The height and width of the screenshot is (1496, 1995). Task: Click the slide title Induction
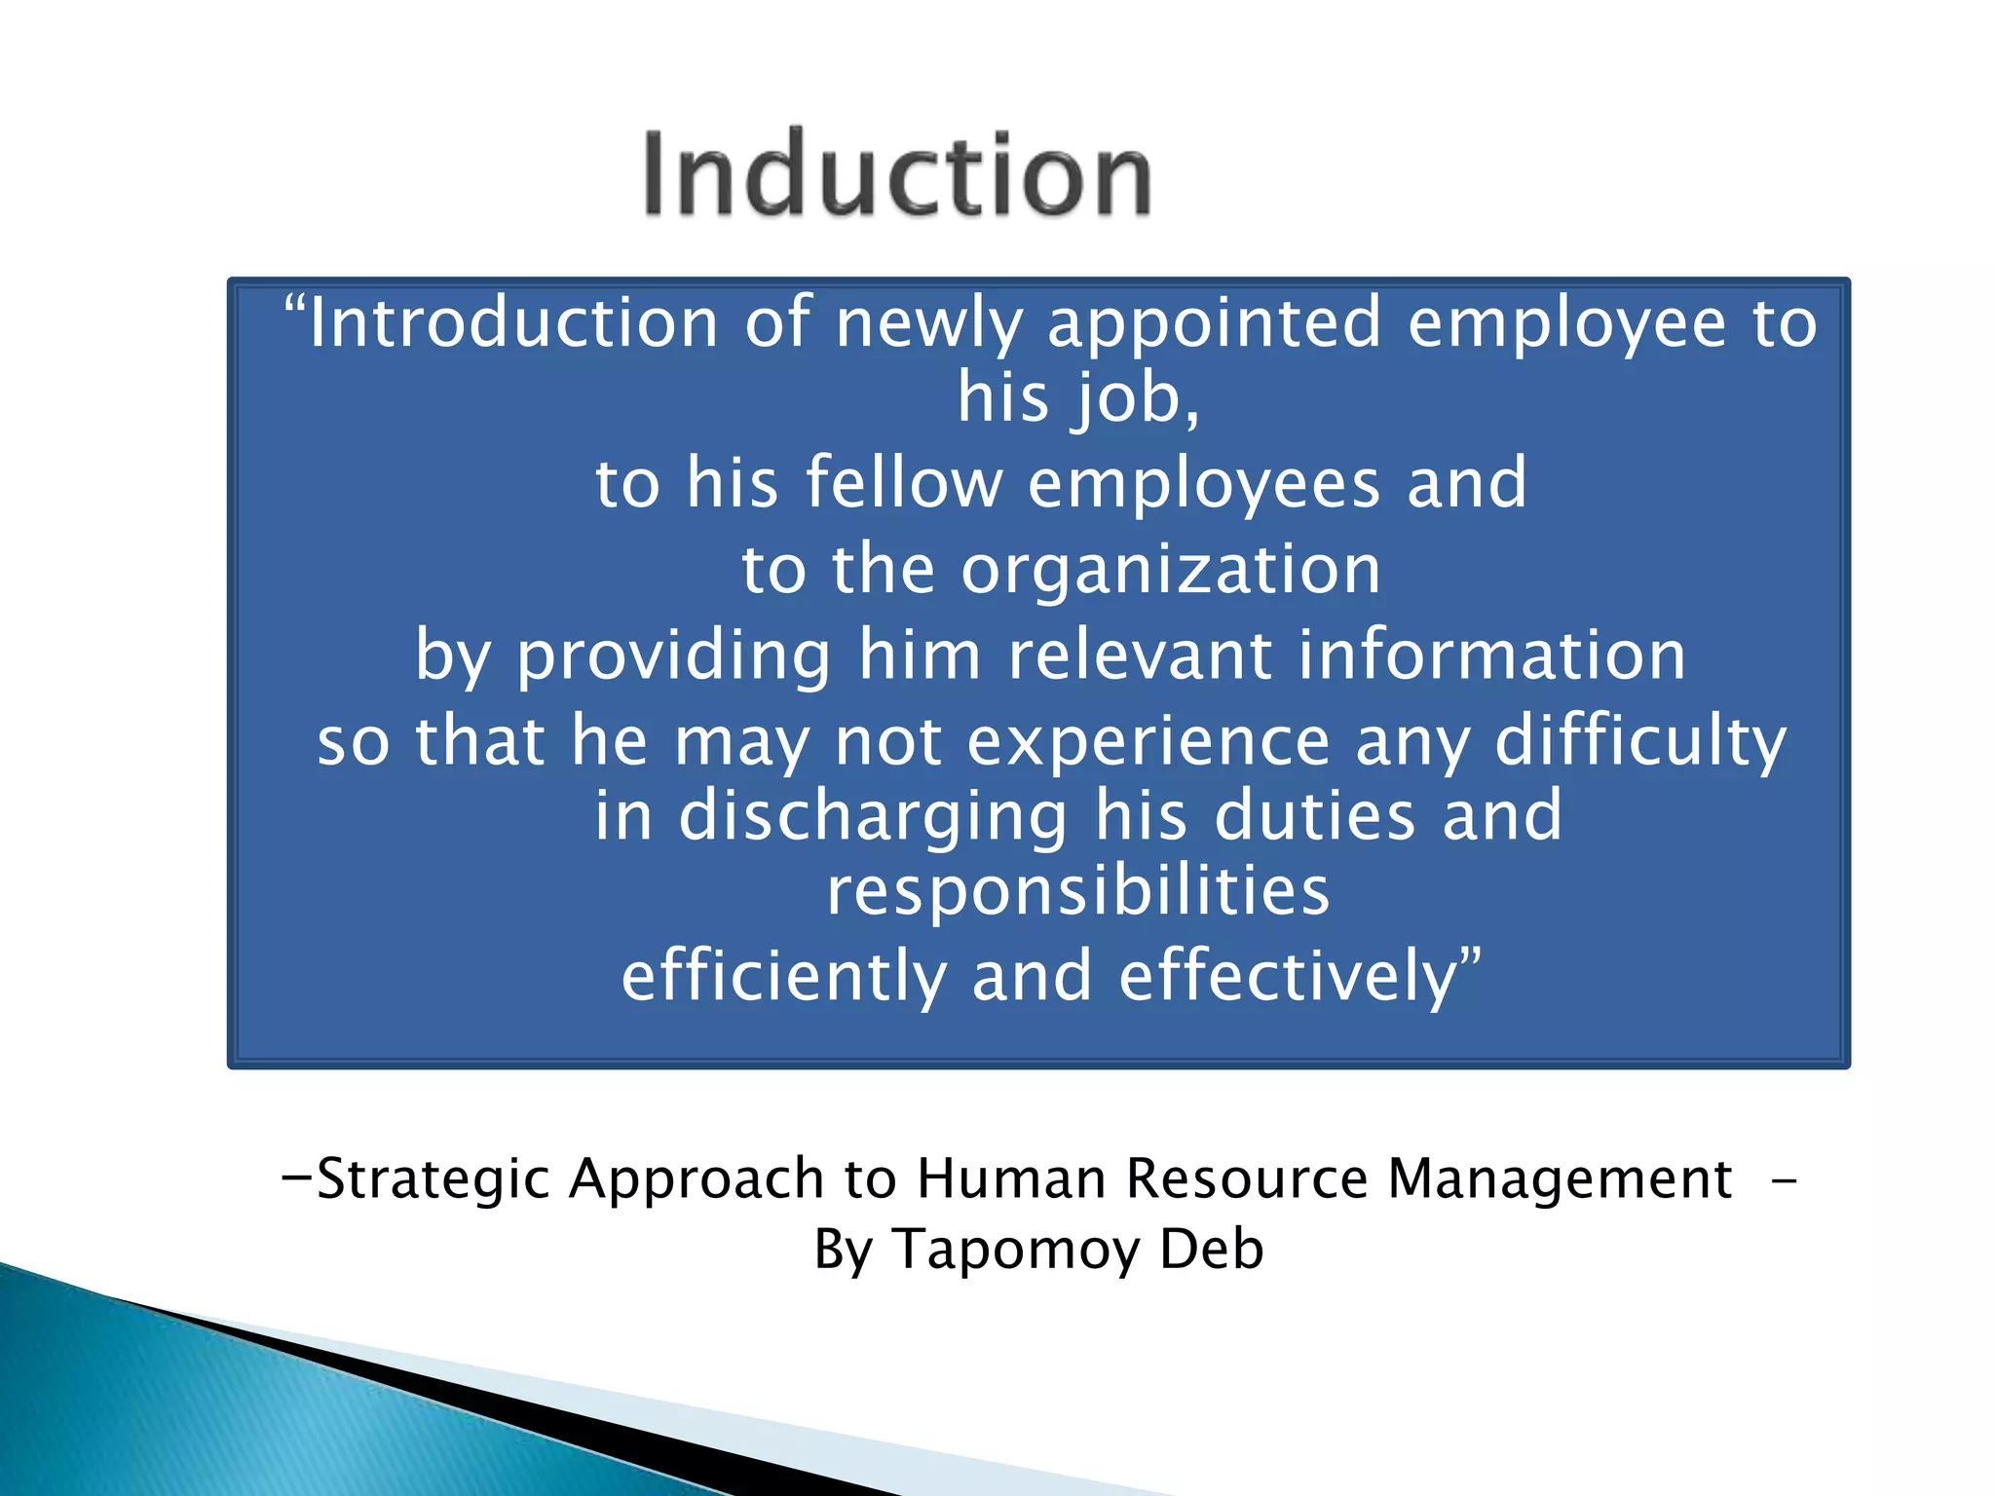(896, 175)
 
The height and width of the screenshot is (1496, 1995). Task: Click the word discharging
(873, 816)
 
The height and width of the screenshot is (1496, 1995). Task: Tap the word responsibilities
(1077, 891)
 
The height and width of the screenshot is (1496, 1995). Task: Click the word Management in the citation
(1559, 1178)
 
